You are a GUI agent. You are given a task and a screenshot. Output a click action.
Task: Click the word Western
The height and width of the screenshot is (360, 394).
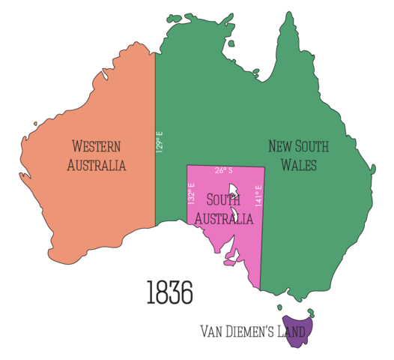[x=96, y=146]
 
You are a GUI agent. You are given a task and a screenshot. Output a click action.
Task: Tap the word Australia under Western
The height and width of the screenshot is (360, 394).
[x=96, y=165]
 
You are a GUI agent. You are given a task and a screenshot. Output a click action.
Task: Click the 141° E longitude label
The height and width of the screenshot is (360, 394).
[x=259, y=196]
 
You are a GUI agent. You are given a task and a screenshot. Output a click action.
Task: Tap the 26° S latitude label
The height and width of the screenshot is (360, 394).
[x=223, y=170]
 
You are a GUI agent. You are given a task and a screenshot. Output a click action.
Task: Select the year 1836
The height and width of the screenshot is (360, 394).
[x=169, y=292]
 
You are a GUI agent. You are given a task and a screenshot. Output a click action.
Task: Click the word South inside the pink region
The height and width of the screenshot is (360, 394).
[x=222, y=200]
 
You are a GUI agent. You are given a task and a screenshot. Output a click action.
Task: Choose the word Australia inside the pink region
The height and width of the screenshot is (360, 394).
[x=222, y=218]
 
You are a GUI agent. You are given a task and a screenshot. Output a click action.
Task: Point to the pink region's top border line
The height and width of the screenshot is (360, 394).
[x=225, y=165]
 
